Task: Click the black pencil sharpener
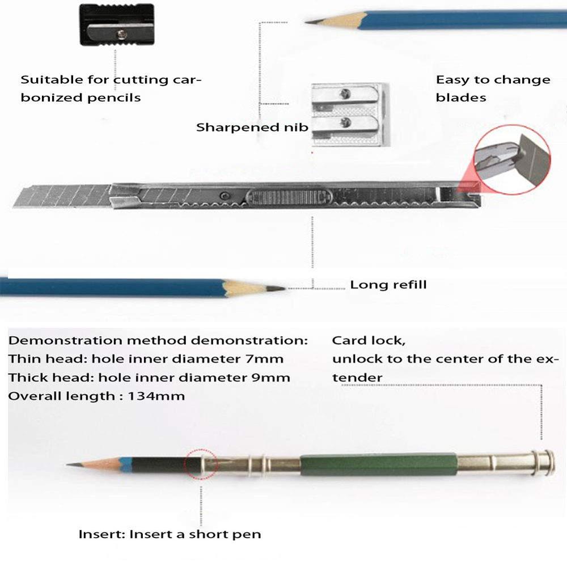point(116,26)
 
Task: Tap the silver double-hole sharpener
point(349,113)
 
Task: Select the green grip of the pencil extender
point(378,464)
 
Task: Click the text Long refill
point(388,285)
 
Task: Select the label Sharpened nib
point(252,127)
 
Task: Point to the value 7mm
point(269,359)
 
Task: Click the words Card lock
point(368,341)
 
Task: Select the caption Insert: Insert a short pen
point(170,534)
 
